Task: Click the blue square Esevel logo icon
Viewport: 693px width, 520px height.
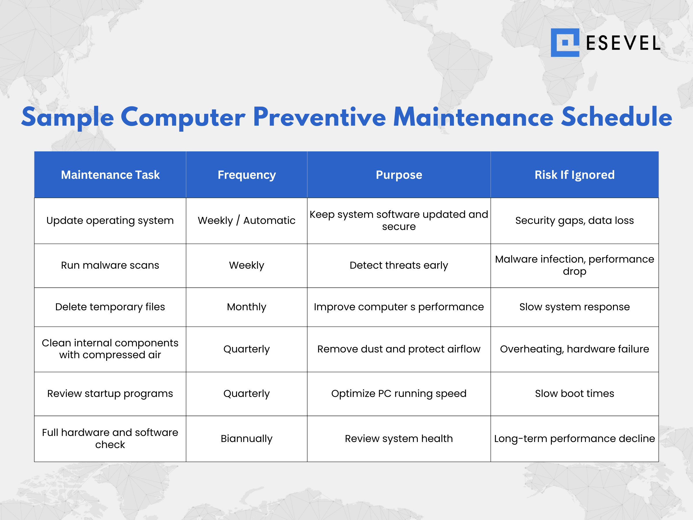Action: pyautogui.click(x=565, y=43)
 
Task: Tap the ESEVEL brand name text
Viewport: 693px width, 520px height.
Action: pyautogui.click(x=623, y=43)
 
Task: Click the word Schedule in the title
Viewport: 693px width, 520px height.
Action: pyautogui.click(x=616, y=117)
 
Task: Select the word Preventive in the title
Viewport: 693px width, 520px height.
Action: pyautogui.click(x=319, y=117)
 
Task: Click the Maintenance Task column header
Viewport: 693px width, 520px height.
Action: pyautogui.click(x=110, y=175)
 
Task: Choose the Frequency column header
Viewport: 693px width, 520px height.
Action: pyautogui.click(x=247, y=175)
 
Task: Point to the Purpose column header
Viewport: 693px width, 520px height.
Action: pyautogui.click(x=399, y=175)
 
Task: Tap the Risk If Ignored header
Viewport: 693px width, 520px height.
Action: pyautogui.click(x=574, y=175)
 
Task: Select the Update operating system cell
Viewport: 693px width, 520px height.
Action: pyautogui.click(x=110, y=221)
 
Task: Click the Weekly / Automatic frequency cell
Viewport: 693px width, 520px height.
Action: pyautogui.click(x=247, y=221)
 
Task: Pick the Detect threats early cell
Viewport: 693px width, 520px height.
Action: pyautogui.click(x=399, y=265)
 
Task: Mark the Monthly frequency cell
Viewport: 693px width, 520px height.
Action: pyautogui.click(x=247, y=307)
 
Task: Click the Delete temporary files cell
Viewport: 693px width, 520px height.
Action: pyautogui.click(x=110, y=307)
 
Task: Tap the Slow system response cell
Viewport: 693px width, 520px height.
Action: pyautogui.click(x=574, y=307)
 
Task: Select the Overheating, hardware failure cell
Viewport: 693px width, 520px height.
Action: pyautogui.click(x=574, y=349)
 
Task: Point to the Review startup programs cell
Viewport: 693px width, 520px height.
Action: pyautogui.click(x=110, y=394)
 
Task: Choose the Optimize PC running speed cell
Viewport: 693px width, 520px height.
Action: pyautogui.click(x=399, y=394)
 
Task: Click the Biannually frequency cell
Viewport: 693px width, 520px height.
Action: pyautogui.click(x=247, y=439)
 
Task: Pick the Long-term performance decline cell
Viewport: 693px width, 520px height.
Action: pyautogui.click(x=574, y=439)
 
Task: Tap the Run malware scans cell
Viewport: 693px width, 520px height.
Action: pyautogui.click(x=110, y=265)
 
